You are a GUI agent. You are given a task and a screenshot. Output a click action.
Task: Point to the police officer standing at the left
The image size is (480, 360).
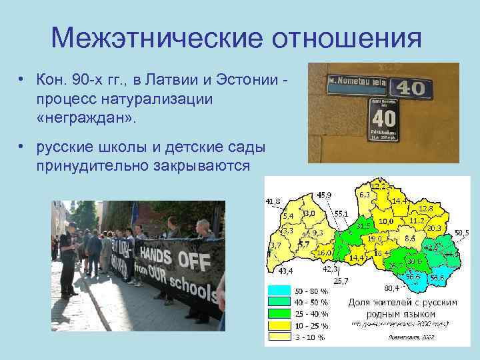point(68,259)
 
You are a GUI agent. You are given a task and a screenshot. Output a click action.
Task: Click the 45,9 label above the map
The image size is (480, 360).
point(325,195)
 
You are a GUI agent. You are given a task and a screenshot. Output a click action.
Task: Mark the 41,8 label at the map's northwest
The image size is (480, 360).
point(273,201)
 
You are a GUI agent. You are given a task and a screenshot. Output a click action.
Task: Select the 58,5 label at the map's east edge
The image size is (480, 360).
point(462,233)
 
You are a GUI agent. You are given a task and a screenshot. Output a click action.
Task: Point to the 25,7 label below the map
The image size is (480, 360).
point(341,281)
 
